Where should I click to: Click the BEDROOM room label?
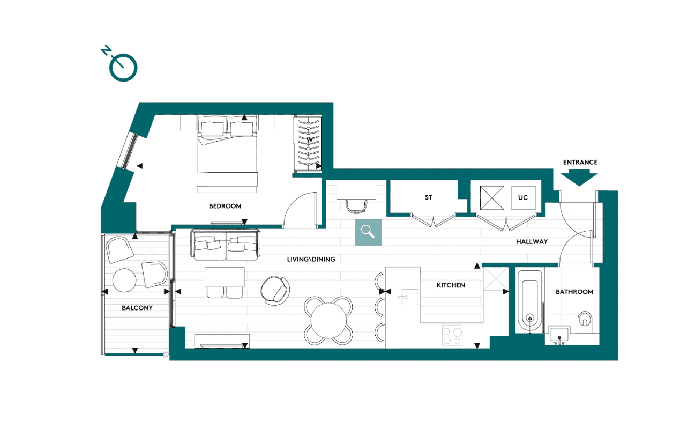[x=225, y=206]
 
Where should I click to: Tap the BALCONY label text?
[x=137, y=308]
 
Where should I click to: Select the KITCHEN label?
[x=451, y=285]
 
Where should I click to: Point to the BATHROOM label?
[x=574, y=292]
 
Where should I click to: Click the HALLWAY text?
[x=532, y=242]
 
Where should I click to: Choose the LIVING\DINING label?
[x=311, y=260]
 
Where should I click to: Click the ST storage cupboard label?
[x=429, y=198]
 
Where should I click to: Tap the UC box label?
[x=523, y=198]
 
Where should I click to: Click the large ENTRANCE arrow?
[x=579, y=178]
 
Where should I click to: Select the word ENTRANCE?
[x=580, y=162]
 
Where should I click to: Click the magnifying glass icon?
[x=368, y=232]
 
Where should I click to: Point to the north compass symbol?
[x=123, y=67]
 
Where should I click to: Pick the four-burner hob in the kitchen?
[x=452, y=336]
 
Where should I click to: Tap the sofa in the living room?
[x=224, y=244]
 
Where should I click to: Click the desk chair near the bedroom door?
[x=355, y=205]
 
